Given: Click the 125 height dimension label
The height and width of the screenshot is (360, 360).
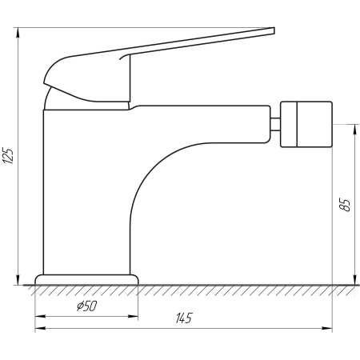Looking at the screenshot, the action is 8,155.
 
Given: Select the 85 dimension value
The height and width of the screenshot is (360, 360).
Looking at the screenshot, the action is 346,205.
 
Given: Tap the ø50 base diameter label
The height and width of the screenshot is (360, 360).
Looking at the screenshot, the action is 87,306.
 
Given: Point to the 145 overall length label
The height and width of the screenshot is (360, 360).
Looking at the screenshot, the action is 184,318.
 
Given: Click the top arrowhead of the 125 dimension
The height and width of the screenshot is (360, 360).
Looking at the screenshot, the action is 18,33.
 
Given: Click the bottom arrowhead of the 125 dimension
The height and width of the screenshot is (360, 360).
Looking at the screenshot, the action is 18,280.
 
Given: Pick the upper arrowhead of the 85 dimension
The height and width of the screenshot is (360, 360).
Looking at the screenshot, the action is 354,130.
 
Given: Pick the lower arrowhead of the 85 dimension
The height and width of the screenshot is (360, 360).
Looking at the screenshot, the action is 354,280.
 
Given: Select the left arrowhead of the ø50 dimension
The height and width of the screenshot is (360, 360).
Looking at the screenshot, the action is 40,317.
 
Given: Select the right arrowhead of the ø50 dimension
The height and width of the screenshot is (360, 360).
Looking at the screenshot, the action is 133,317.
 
